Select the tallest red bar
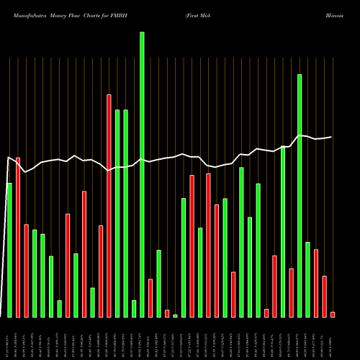point(109,205)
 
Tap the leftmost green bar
point(9,250)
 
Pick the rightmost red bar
point(333,314)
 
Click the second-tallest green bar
point(300,195)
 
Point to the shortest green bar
point(175,315)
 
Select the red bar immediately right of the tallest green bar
point(150,297)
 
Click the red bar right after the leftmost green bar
point(18,237)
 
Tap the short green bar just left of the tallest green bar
point(134,308)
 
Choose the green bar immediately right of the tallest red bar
point(117,213)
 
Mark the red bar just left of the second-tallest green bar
point(291,292)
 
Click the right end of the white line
point(332,137)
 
